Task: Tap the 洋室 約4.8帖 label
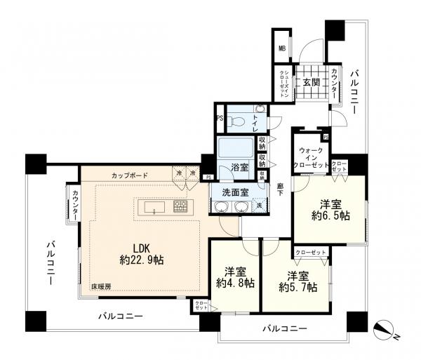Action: coord(235,277)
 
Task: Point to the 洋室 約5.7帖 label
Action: coord(297,281)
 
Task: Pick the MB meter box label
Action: coord(281,48)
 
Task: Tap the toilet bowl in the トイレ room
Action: coord(238,121)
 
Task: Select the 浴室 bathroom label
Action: coord(240,167)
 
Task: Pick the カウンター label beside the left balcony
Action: coord(73,204)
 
